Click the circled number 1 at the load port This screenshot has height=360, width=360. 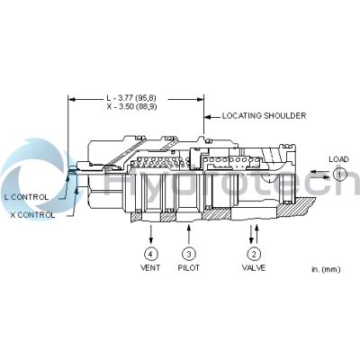tap(339, 174)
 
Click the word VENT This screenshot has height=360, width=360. tap(149, 268)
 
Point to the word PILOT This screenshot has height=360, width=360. tap(188, 268)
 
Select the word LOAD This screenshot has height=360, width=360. tap(338, 159)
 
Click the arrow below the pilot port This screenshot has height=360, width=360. tap(188, 233)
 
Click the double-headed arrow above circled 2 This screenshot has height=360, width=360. tap(253, 232)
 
